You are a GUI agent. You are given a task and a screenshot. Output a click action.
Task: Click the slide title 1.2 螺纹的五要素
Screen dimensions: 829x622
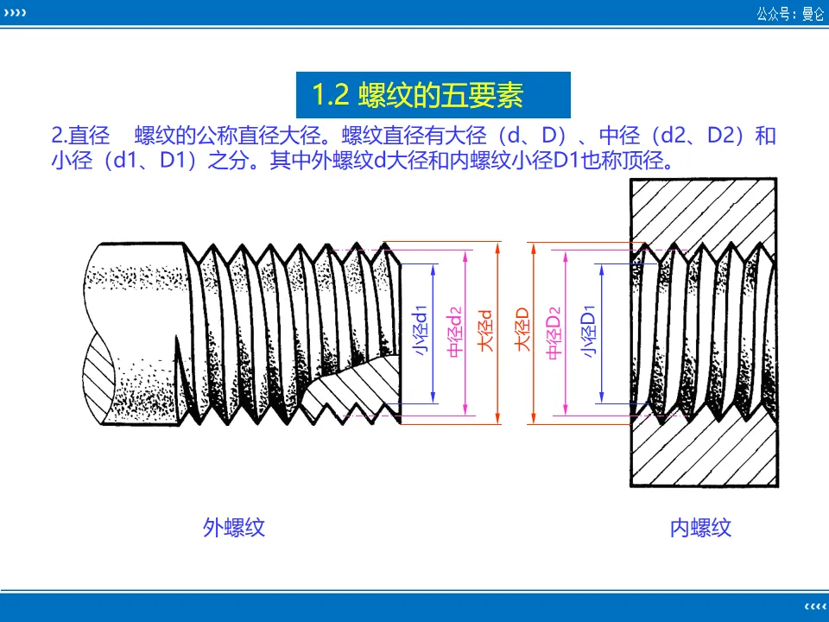(x=418, y=95)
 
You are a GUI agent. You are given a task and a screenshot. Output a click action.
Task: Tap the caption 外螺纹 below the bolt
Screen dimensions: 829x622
(x=233, y=527)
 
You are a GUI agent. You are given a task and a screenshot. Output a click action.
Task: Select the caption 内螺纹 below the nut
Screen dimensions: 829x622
(x=700, y=528)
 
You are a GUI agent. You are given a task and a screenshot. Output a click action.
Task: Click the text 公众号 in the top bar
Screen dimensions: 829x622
(x=772, y=14)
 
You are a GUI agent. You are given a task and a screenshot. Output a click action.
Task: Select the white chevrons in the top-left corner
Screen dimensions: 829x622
(x=15, y=13)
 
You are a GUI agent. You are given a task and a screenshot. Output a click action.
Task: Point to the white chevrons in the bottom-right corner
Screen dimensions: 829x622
(x=813, y=604)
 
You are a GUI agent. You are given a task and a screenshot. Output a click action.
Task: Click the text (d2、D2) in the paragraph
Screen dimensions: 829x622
(x=694, y=136)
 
